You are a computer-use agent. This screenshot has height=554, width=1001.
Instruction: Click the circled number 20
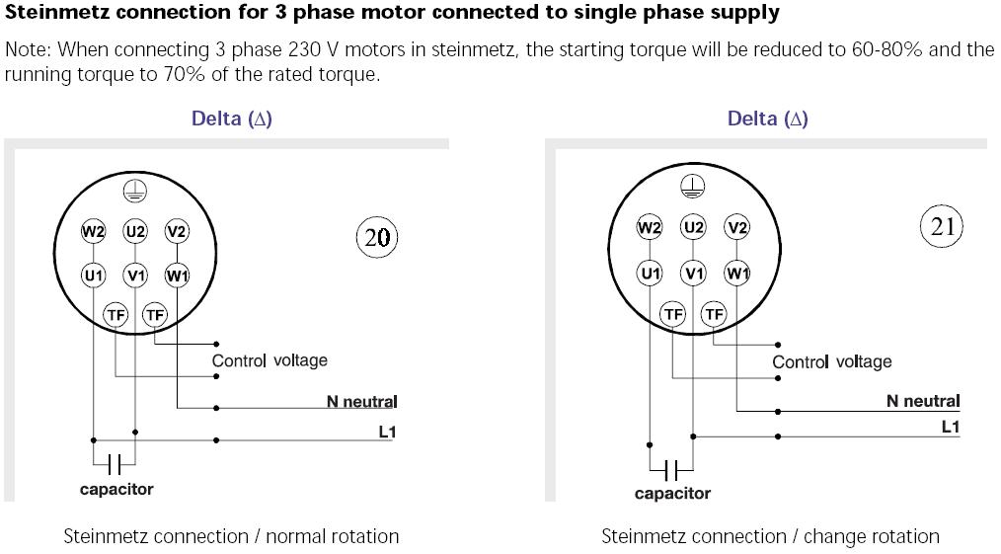tap(377, 237)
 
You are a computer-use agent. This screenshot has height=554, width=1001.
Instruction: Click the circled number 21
tap(942, 226)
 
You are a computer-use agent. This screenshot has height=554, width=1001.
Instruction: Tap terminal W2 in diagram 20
tap(93, 232)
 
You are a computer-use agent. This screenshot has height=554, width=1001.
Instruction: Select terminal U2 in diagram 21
tap(694, 227)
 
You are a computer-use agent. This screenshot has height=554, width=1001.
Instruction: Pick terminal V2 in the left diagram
tap(177, 232)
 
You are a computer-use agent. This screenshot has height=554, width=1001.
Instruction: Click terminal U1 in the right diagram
tap(650, 273)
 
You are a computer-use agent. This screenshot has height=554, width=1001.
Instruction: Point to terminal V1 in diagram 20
tap(135, 276)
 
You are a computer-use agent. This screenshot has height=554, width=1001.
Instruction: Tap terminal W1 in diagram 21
tap(736, 273)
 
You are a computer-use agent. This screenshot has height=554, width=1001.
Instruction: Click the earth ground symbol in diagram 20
tap(134, 192)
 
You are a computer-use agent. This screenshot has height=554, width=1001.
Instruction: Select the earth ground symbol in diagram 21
tap(694, 186)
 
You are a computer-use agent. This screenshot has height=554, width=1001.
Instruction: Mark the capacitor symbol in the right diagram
tap(671, 469)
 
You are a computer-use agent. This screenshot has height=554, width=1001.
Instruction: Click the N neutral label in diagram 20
tap(361, 402)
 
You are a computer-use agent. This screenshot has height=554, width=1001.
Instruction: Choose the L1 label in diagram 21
tap(950, 427)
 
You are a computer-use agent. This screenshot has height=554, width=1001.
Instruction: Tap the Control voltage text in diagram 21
tap(831, 362)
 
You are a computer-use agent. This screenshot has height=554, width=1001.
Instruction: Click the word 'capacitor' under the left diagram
tap(116, 489)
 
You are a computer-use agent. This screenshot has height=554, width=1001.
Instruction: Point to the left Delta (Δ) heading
tap(232, 119)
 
